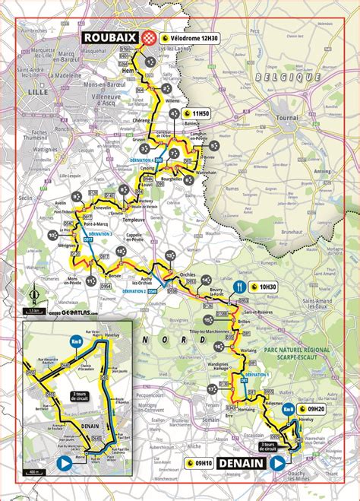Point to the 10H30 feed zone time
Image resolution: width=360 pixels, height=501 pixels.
pos(266,287)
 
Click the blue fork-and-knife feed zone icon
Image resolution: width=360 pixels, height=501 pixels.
pos(240,287)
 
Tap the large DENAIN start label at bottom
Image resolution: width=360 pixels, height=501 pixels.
pos(242,463)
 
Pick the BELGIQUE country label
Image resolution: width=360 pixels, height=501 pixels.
pos(279,78)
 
